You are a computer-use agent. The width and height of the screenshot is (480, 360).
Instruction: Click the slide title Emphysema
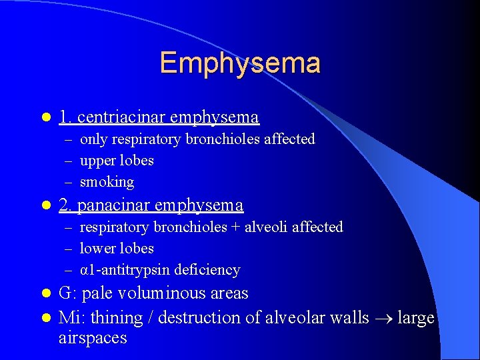pyautogui.click(x=240, y=63)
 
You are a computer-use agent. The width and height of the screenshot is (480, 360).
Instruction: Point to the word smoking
pyautogui.click(x=107, y=182)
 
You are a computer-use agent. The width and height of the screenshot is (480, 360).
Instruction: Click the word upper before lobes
pyautogui.click(x=98, y=161)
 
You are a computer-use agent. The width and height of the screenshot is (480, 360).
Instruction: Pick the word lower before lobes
pyautogui.click(x=98, y=249)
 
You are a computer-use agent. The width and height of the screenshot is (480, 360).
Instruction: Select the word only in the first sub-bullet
pyautogui.click(x=94, y=139)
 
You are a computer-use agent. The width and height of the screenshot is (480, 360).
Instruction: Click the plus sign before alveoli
pyautogui.click(x=235, y=227)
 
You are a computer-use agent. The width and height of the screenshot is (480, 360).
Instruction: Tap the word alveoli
pyautogui.click(x=265, y=227)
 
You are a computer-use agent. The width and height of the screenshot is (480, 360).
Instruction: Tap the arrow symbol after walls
pyautogui.click(x=383, y=319)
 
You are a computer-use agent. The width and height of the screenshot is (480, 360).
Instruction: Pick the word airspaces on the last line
pyautogui.click(x=93, y=338)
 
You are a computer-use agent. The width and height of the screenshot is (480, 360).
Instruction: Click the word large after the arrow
pyautogui.click(x=415, y=318)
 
